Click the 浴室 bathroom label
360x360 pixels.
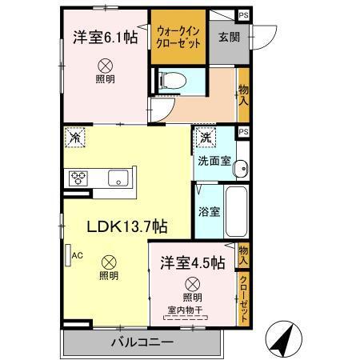pyautogui.click(x=210, y=213)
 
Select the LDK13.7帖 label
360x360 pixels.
pyautogui.click(x=126, y=226)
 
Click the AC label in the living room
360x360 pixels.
pyautogui.click(x=78, y=255)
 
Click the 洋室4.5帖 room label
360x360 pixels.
pyautogui.click(x=191, y=262)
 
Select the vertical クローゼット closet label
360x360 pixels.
pyautogui.click(x=243, y=299)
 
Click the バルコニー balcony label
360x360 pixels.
pyautogui.click(x=142, y=343)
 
